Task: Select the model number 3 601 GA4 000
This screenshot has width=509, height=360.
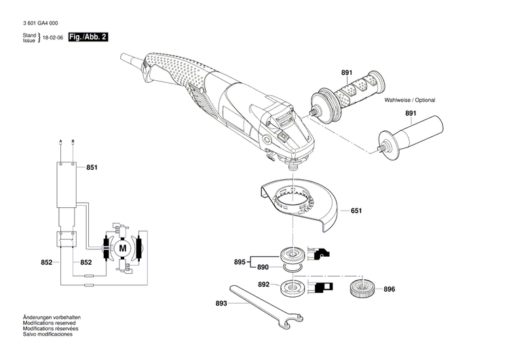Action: pyautogui.click(x=44, y=23)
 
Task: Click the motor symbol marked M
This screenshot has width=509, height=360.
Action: pyautogui.click(x=123, y=249)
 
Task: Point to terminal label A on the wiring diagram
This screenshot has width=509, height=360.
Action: pyautogui.click(x=61, y=141)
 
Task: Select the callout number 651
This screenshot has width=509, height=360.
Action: pyautogui.click(x=356, y=211)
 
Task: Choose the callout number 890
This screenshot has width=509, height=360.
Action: pyautogui.click(x=263, y=268)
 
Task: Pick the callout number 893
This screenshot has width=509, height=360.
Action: pyautogui.click(x=221, y=304)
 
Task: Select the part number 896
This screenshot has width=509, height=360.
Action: pyautogui.click(x=389, y=289)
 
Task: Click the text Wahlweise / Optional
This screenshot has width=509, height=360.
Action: pyautogui.click(x=410, y=100)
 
